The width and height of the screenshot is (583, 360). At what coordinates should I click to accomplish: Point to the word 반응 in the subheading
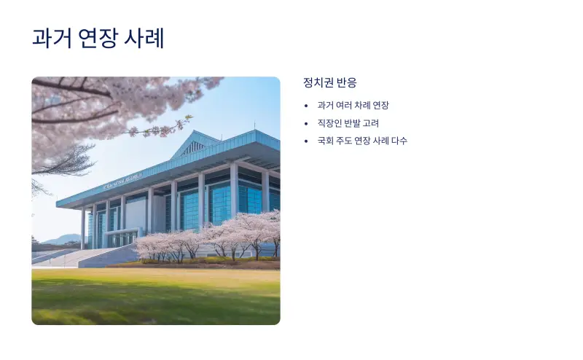click(347, 82)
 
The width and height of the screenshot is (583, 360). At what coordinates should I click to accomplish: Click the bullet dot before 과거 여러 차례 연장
click(306, 106)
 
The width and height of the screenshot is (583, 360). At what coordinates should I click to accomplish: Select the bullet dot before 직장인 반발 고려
click(306, 123)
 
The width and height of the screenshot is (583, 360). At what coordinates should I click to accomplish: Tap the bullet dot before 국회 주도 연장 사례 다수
click(306, 141)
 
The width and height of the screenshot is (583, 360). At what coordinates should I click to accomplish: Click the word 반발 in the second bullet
click(353, 123)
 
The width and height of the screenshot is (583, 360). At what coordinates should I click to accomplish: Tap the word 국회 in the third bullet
click(326, 141)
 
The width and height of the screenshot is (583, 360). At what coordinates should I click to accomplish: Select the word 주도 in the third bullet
click(345, 141)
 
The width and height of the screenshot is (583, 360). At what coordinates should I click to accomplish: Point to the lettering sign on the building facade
click(124, 181)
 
